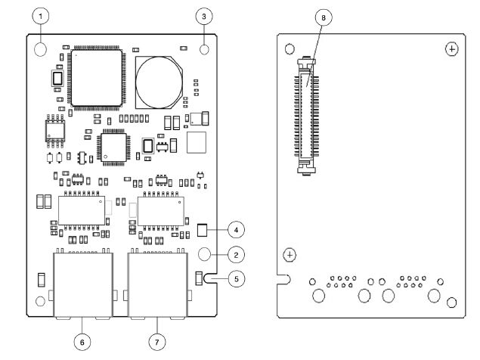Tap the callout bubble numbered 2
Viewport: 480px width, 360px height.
coord(236,254)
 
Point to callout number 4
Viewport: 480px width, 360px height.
coord(236,228)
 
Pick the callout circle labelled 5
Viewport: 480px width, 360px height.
coord(236,279)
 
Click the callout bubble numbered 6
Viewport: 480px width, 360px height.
coord(83,341)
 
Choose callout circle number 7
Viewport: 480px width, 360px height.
coord(157,341)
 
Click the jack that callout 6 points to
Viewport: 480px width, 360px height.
coord(83,284)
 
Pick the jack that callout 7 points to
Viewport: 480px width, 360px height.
coord(157,284)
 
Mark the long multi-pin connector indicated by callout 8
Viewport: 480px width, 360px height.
coord(305,117)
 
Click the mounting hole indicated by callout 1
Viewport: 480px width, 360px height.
coord(42,49)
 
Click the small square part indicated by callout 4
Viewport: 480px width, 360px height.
coord(202,228)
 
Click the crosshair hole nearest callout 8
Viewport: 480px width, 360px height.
coord(451,48)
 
